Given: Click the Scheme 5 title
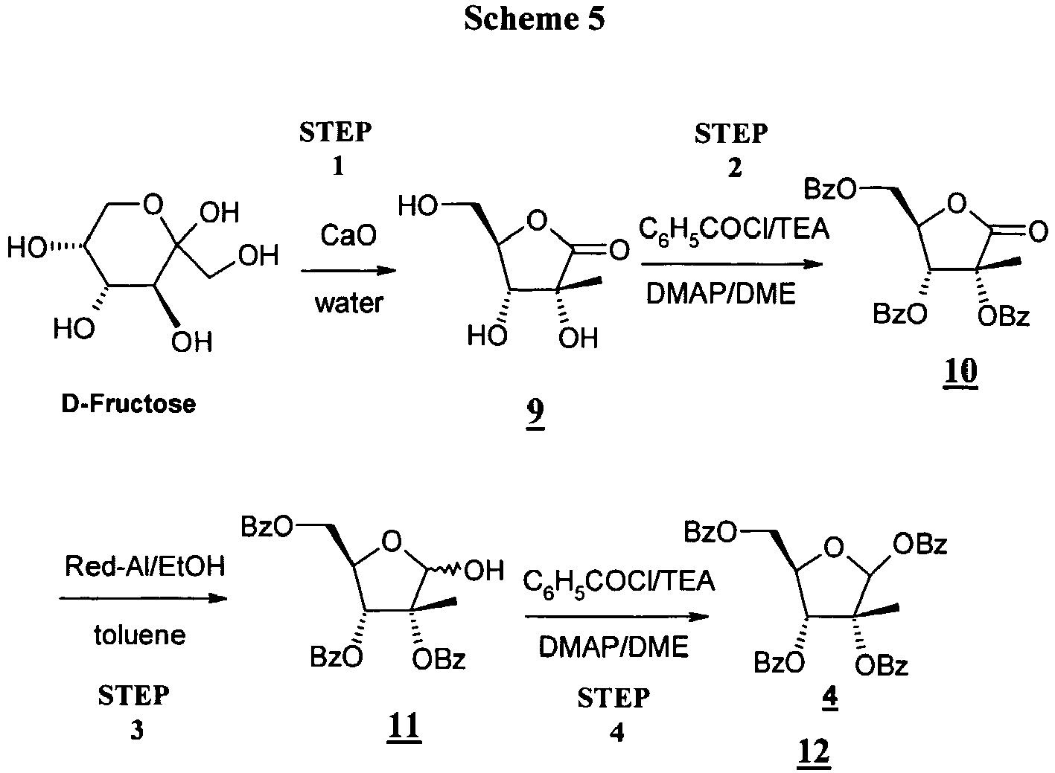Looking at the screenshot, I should (534, 20).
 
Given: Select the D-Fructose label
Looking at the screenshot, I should (129, 404).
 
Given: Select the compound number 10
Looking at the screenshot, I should (960, 370).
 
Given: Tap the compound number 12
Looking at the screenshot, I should (812, 754).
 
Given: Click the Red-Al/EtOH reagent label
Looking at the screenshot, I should (144, 567).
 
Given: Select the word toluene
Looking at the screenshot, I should (139, 635).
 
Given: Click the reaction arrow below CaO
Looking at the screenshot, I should (348, 272).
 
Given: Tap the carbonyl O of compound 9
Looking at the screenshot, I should (618, 251).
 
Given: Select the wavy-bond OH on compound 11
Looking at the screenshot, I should (483, 572).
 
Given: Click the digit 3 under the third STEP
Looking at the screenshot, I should (136, 731).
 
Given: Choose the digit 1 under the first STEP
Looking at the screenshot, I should (337, 166).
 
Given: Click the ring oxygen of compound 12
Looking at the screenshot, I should (835, 549).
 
